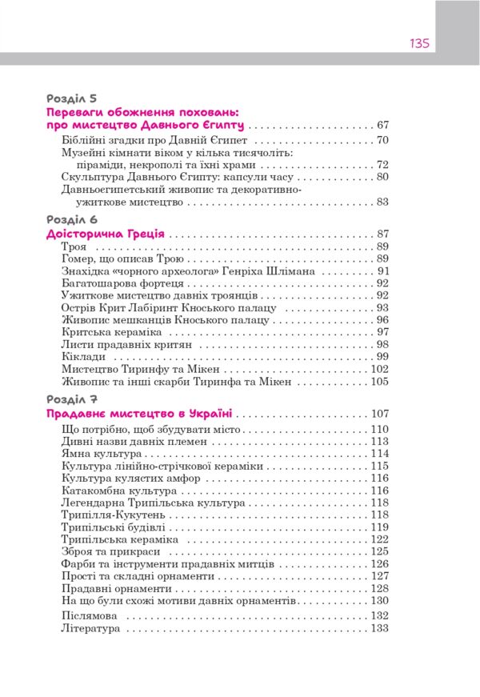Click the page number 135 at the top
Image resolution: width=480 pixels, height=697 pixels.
coord(420,43)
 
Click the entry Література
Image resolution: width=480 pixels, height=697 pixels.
coord(90,630)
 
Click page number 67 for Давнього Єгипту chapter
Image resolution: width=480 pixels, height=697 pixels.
coord(382,126)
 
